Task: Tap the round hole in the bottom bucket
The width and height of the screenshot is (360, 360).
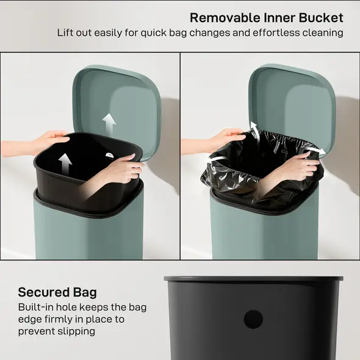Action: click(x=253, y=319)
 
